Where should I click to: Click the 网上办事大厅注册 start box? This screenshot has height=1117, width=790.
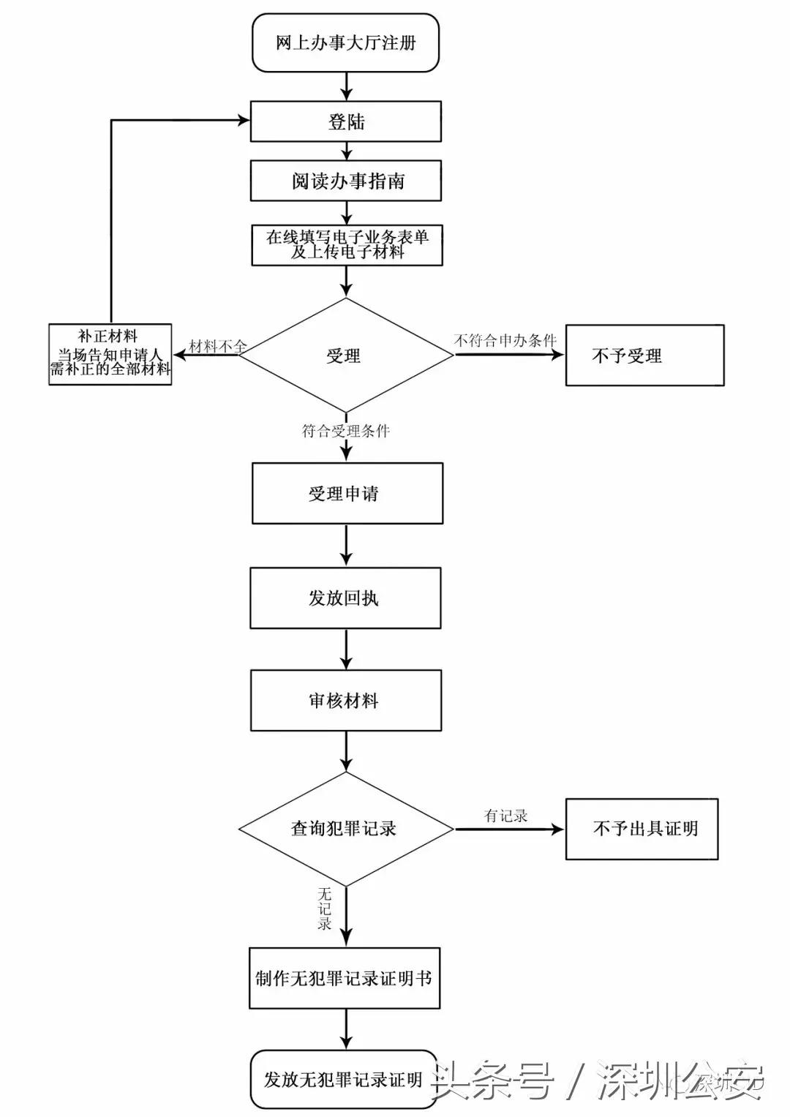point(345,43)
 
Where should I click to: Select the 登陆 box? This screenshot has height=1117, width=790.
point(345,121)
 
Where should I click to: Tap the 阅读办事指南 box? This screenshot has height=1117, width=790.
point(345,181)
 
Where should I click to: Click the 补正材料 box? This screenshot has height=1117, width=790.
point(110,354)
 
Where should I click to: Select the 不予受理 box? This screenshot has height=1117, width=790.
point(644,356)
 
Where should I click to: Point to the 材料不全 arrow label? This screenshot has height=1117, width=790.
point(217,345)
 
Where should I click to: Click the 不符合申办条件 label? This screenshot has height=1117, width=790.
point(505,340)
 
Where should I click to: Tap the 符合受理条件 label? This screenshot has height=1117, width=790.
point(345,431)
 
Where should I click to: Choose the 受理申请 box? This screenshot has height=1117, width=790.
point(347,494)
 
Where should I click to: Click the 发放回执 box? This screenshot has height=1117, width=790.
point(345,598)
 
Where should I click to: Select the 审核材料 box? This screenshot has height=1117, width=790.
point(345,701)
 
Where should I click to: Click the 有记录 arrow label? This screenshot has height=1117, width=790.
point(505,816)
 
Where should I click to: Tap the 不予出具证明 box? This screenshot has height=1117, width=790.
point(642,829)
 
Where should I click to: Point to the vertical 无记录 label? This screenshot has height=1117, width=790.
point(325,909)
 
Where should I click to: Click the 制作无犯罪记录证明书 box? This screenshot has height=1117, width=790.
point(344,979)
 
